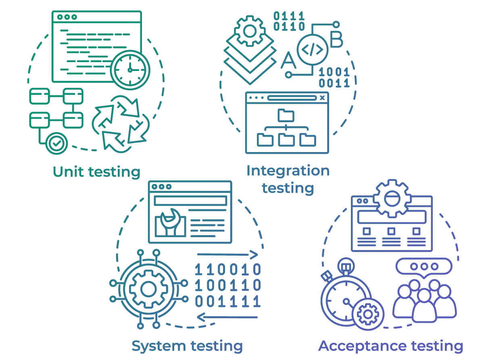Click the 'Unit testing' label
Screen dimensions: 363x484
97,172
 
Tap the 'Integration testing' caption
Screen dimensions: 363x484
288,179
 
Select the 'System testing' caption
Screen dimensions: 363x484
187,346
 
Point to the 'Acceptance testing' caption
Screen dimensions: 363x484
391,346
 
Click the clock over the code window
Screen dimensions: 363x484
130,70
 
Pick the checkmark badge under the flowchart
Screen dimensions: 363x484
56,143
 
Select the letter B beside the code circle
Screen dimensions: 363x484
336,40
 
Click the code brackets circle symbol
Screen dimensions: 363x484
313,50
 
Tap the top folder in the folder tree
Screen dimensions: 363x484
286,115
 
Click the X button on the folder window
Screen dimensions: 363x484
322,98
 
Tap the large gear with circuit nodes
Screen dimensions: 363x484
147,289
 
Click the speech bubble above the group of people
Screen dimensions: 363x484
423,267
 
